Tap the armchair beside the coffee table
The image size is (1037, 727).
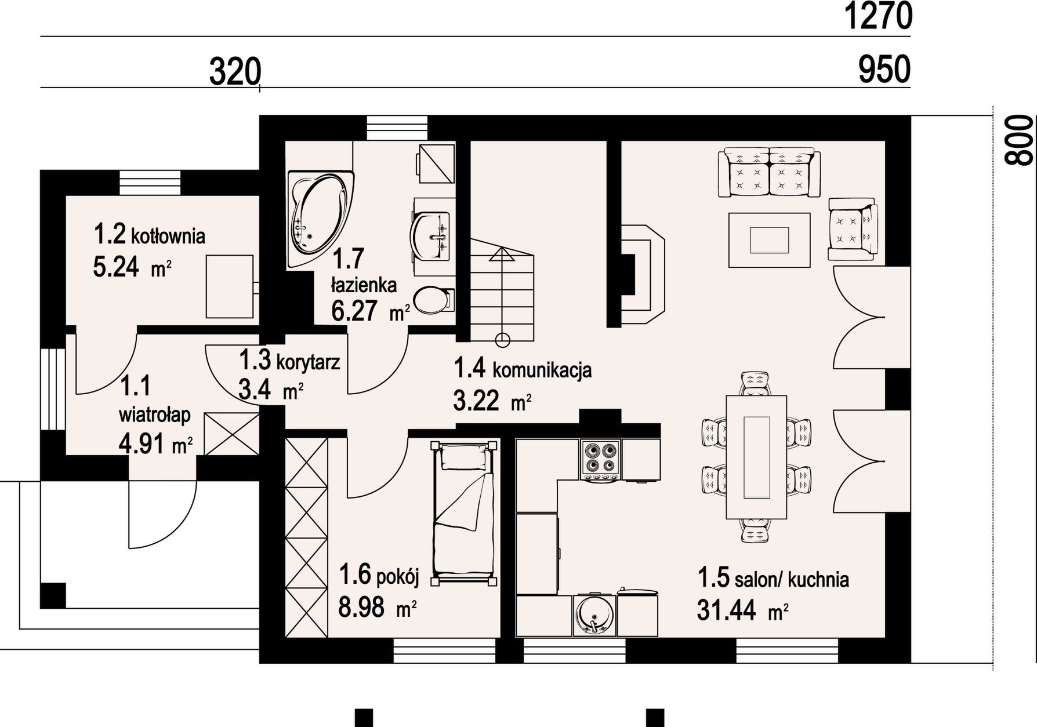853,229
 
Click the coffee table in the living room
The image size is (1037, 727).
769,240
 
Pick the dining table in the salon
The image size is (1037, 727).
757,457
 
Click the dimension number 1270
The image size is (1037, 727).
877,16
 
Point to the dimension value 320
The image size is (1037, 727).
234,72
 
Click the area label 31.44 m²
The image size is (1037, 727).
743,610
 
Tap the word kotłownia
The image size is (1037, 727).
168,237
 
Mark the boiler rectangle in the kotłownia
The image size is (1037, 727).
230,286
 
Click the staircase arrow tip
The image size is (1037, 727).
502,248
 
